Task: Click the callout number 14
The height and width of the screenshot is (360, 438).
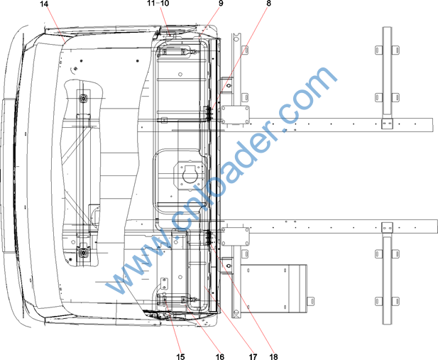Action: pos(44,4)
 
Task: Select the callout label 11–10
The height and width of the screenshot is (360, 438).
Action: pos(158,4)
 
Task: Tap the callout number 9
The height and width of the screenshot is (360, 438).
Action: pos(221,4)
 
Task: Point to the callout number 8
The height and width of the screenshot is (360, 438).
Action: pos(268,4)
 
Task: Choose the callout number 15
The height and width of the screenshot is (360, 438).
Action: pos(181,356)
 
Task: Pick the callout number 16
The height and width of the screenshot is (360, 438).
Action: pos(220,356)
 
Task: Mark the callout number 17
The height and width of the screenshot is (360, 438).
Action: pos(253,356)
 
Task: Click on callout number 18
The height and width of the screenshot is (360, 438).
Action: pos(274,356)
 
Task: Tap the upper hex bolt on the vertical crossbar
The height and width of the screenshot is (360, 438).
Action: pos(83,98)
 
